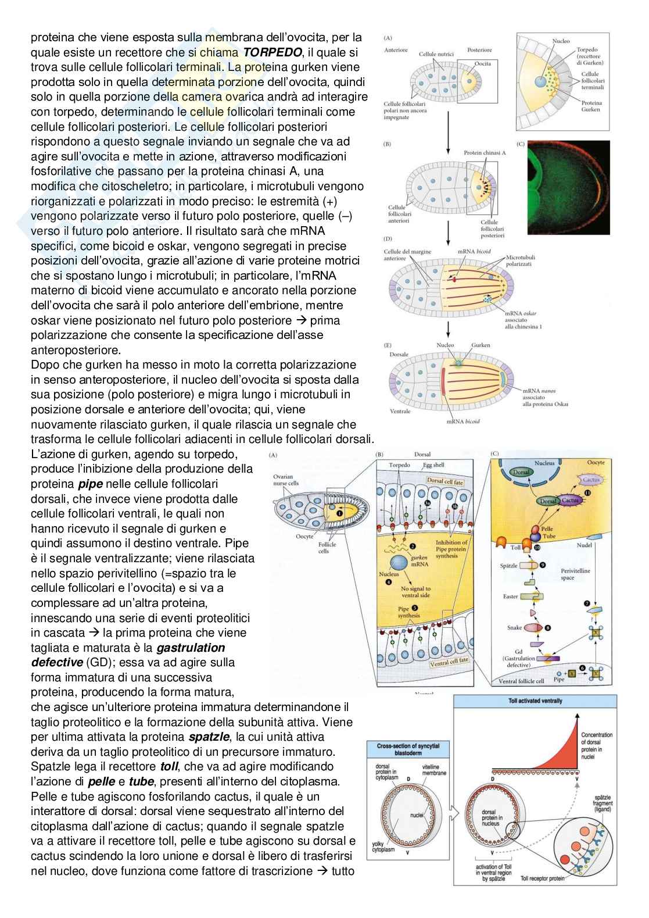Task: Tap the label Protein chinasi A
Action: click(485, 153)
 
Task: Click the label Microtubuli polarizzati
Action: click(520, 260)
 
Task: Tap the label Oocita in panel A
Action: click(482, 63)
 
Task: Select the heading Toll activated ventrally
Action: click(535, 701)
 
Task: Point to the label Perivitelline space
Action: click(575, 574)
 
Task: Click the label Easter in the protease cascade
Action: click(510, 596)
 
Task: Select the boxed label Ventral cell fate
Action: click(449, 662)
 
